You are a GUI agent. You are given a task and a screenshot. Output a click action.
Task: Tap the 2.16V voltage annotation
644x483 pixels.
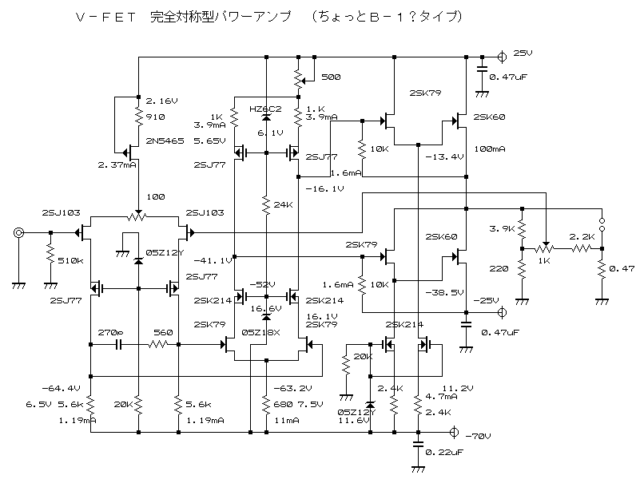click(x=161, y=102)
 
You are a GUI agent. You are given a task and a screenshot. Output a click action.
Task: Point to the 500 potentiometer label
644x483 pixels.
click(x=330, y=78)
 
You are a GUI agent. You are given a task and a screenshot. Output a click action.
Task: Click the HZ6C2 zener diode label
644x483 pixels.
click(x=264, y=109)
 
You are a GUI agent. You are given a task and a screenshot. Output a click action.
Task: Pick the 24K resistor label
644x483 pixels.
click(x=284, y=205)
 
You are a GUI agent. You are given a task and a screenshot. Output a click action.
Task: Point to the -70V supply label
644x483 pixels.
click(x=477, y=435)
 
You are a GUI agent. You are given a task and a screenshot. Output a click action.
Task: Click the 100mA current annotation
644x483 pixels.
click(x=488, y=149)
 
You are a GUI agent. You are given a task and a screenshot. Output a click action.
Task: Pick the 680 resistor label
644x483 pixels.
click(x=284, y=404)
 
